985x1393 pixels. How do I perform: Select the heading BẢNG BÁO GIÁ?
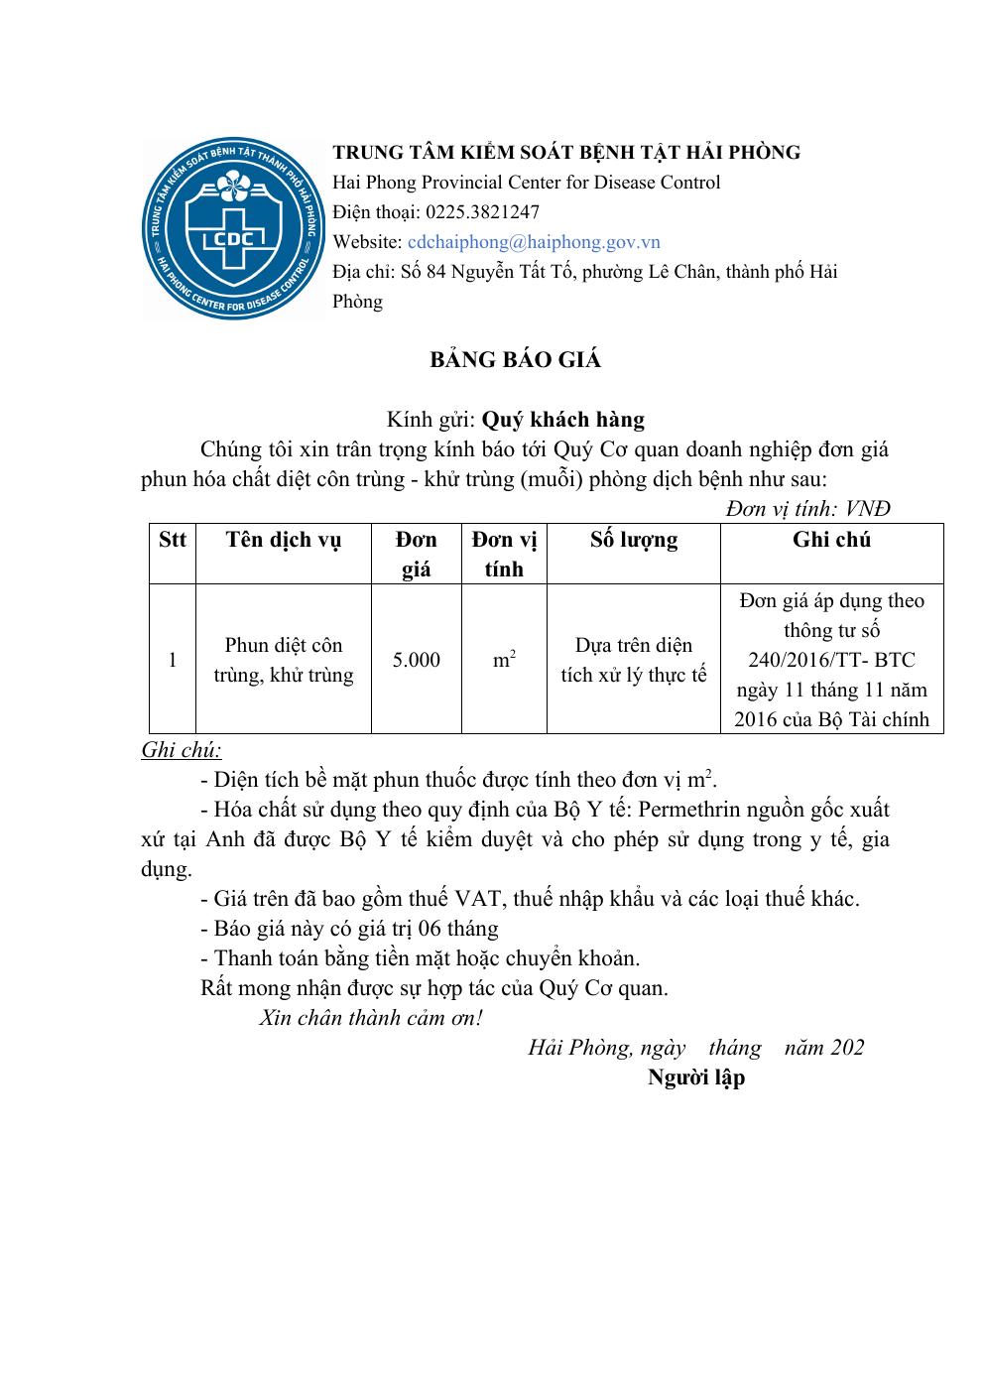click(515, 359)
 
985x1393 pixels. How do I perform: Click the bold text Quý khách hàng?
click(562, 420)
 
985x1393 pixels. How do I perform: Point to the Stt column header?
click(172, 540)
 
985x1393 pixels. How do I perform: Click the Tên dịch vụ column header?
click(283, 540)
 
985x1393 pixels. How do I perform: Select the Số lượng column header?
click(633, 540)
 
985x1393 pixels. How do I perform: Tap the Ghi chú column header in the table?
click(831, 540)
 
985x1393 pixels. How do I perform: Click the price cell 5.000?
click(416, 660)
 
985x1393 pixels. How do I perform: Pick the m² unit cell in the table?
click(504, 660)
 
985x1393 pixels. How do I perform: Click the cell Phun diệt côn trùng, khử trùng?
click(283, 660)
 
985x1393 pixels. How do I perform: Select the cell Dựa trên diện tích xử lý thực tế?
click(633, 660)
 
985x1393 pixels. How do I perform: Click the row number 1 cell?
click(173, 660)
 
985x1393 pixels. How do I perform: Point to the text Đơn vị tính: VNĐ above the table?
click(807, 509)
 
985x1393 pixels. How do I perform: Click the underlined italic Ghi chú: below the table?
click(182, 749)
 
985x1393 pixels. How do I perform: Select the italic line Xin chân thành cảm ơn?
click(371, 1018)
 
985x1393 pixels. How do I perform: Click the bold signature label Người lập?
click(695, 1077)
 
